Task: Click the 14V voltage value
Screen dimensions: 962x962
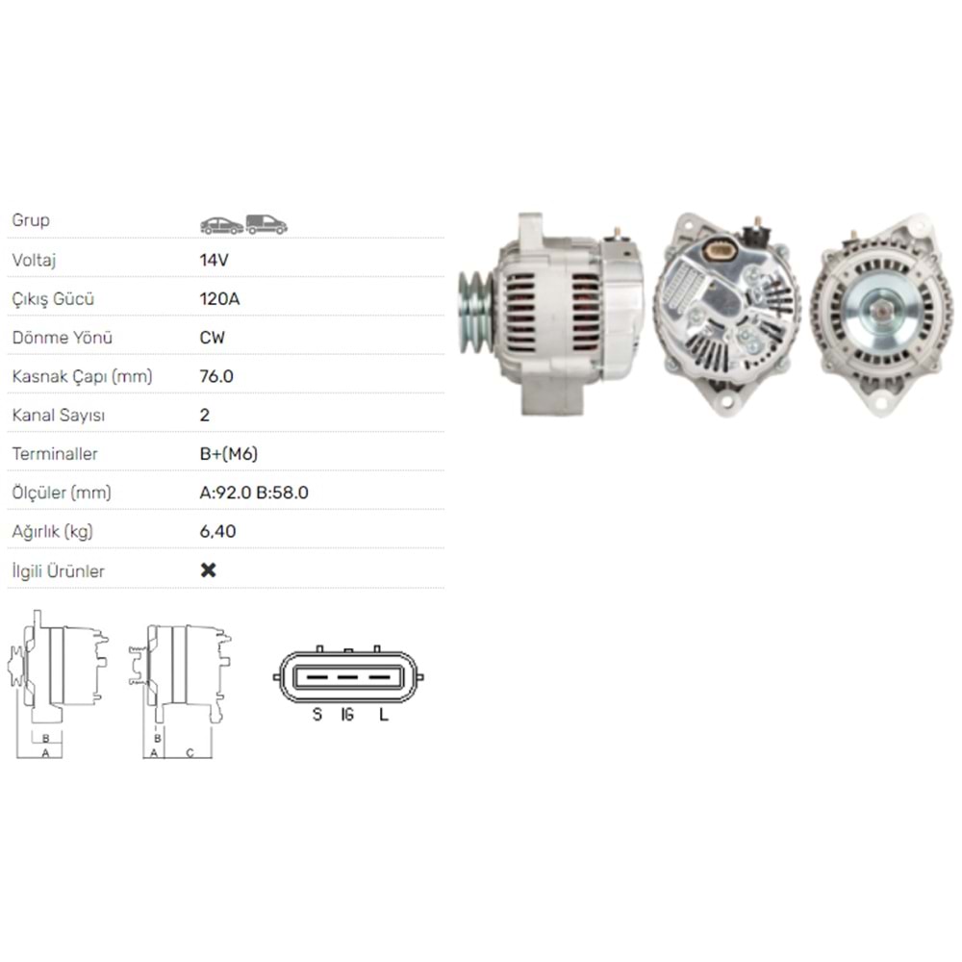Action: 214,260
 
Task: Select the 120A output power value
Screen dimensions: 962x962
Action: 219,298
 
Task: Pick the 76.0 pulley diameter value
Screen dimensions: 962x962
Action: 216,376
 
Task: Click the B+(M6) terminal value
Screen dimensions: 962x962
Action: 228,453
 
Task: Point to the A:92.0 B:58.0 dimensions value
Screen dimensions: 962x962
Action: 254,493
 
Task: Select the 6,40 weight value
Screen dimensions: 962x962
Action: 217,531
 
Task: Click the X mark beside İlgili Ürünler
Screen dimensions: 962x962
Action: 208,570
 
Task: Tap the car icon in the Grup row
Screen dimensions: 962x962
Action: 221,225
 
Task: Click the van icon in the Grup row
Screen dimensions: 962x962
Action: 266,224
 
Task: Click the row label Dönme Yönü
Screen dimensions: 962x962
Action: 63,338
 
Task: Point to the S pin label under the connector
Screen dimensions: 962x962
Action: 316,715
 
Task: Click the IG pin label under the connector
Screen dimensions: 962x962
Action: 348,715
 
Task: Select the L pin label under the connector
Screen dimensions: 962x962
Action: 383,715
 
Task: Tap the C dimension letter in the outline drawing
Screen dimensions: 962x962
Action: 190,752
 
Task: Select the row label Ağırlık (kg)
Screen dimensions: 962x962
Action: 53,531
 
